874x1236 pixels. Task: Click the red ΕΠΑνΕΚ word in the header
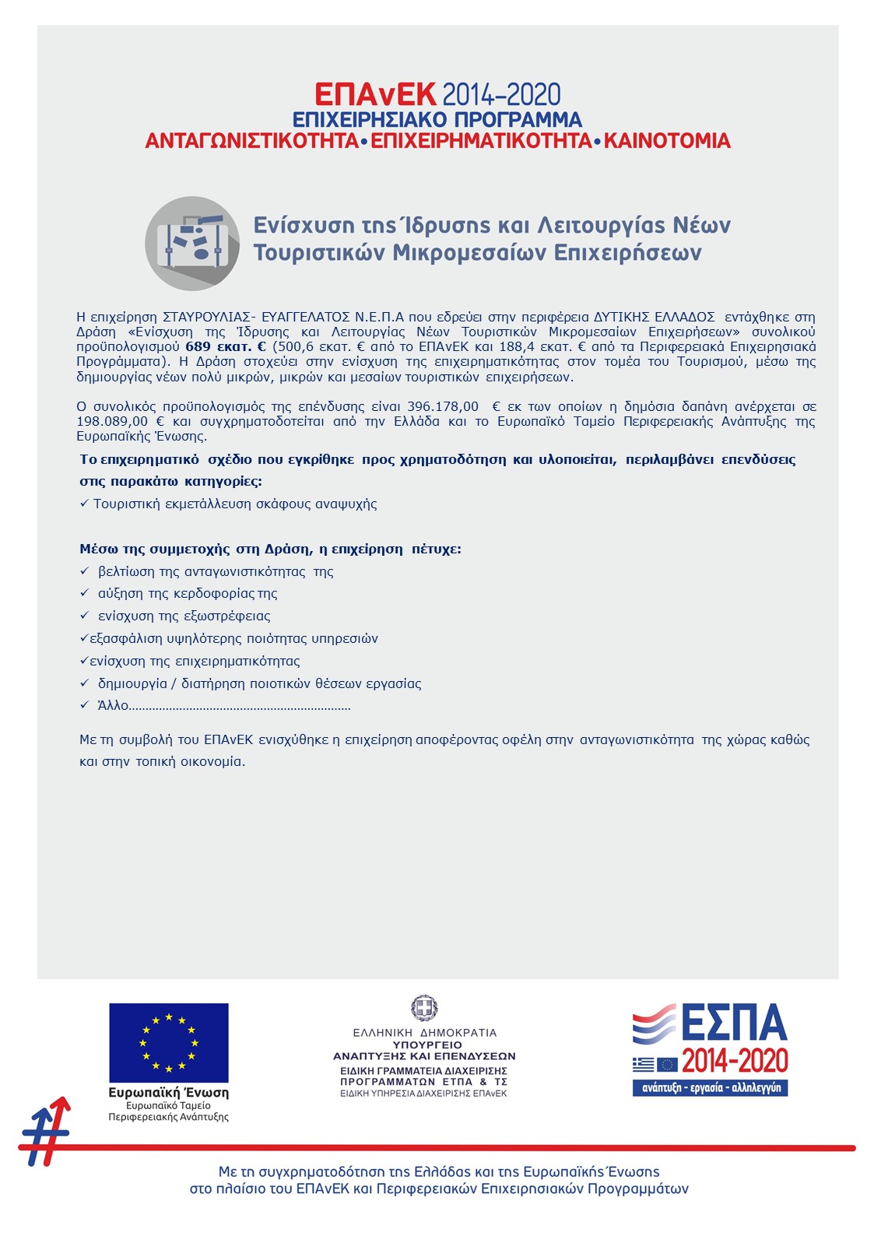tap(375, 95)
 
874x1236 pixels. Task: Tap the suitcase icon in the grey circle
tap(192, 243)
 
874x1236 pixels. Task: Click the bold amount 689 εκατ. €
tap(226, 347)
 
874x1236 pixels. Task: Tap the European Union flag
tap(169, 1042)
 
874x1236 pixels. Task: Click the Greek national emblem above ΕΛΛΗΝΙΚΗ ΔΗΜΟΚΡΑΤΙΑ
tap(424, 1008)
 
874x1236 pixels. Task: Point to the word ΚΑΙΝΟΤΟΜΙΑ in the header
tap(667, 142)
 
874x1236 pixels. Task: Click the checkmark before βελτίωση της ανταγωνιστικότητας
tap(85, 571)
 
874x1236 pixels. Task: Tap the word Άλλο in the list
tap(113, 706)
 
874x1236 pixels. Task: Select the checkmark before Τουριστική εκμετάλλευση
tap(84, 504)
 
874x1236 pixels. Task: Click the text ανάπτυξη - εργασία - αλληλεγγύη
tap(710, 1087)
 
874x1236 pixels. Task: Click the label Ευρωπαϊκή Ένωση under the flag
tap(168, 1093)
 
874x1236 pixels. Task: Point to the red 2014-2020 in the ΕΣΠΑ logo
tap(735, 1061)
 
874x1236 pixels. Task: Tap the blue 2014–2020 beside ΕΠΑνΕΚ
tap(501, 95)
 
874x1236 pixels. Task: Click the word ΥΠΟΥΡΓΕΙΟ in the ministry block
tap(427, 1045)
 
